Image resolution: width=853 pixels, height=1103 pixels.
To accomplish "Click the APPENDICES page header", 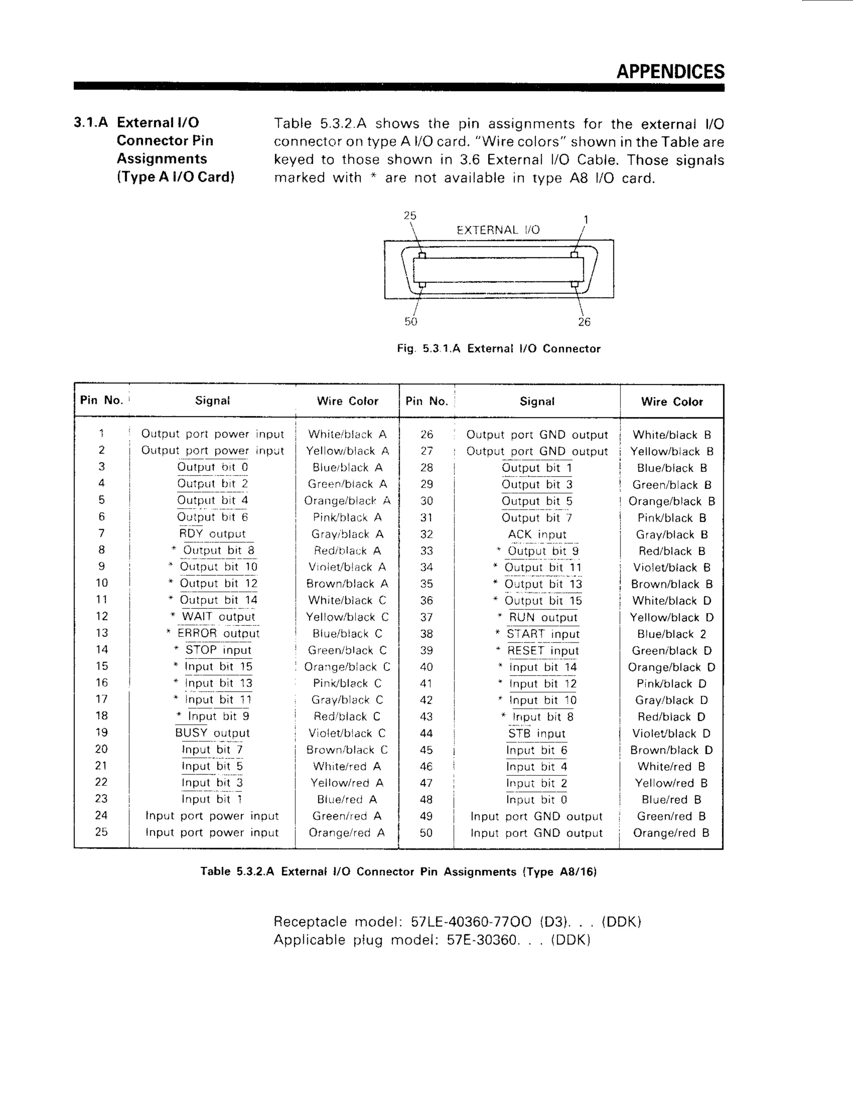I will (670, 72).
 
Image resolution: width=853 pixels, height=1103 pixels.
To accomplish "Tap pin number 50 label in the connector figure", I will (411, 322).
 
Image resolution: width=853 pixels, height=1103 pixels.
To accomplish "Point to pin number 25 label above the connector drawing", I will (410, 216).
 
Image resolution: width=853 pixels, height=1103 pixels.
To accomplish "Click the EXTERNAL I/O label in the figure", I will (498, 230).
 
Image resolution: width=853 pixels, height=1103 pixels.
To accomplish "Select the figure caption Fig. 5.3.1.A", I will (498, 348).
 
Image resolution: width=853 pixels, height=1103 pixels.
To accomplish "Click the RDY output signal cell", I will (212, 534).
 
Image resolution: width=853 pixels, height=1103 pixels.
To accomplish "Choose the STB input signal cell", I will (536, 733).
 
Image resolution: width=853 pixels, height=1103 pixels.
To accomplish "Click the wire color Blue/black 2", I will (671, 634).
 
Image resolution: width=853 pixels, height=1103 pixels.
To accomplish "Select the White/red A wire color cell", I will (347, 767).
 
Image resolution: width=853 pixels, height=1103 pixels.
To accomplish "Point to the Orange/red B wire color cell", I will (671, 833).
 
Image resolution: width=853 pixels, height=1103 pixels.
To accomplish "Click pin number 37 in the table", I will (426, 617).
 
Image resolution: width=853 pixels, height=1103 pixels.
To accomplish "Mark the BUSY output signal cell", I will (212, 733).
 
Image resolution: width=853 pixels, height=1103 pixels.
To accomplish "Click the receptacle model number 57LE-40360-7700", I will (471, 922).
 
